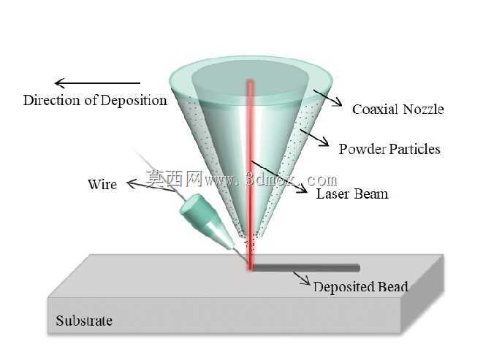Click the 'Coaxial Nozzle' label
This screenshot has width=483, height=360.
click(x=398, y=110)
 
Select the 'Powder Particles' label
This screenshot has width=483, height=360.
click(x=389, y=149)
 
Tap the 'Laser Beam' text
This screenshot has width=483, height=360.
click(x=352, y=194)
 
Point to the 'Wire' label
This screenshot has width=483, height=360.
click(x=102, y=184)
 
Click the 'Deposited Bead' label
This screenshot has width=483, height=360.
click(x=361, y=287)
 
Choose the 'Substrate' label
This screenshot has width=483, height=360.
click(x=84, y=321)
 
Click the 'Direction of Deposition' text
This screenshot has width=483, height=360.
click(x=95, y=100)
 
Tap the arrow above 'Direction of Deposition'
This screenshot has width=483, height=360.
click(x=97, y=83)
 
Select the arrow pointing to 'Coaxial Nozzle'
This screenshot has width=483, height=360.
click(x=328, y=98)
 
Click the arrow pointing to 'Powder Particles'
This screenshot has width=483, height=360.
click(x=314, y=137)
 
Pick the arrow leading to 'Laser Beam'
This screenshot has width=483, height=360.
click(x=279, y=177)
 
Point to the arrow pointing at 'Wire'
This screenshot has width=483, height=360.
click(x=152, y=187)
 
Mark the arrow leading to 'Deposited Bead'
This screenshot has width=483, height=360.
click(x=302, y=277)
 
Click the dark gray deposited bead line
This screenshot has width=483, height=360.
click(x=306, y=268)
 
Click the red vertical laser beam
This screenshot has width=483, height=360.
click(x=250, y=175)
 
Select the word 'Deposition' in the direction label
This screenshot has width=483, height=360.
click(x=134, y=100)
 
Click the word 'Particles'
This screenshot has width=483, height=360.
click(x=414, y=149)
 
